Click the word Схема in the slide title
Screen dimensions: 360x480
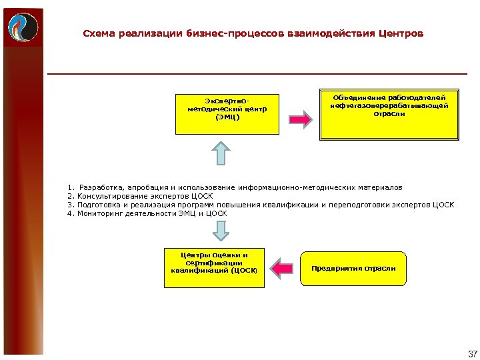(x=98, y=33)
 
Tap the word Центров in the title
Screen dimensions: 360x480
(x=399, y=33)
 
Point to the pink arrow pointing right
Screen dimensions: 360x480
(x=300, y=120)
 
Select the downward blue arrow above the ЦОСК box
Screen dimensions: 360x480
(x=221, y=231)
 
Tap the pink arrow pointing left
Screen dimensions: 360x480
(x=284, y=269)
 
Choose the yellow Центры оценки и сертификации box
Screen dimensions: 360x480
(x=215, y=268)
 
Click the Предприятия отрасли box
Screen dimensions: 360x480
(x=353, y=269)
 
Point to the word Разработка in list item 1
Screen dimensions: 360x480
(x=99, y=188)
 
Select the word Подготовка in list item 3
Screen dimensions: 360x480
(x=99, y=205)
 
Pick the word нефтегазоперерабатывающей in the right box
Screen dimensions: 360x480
(x=389, y=105)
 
